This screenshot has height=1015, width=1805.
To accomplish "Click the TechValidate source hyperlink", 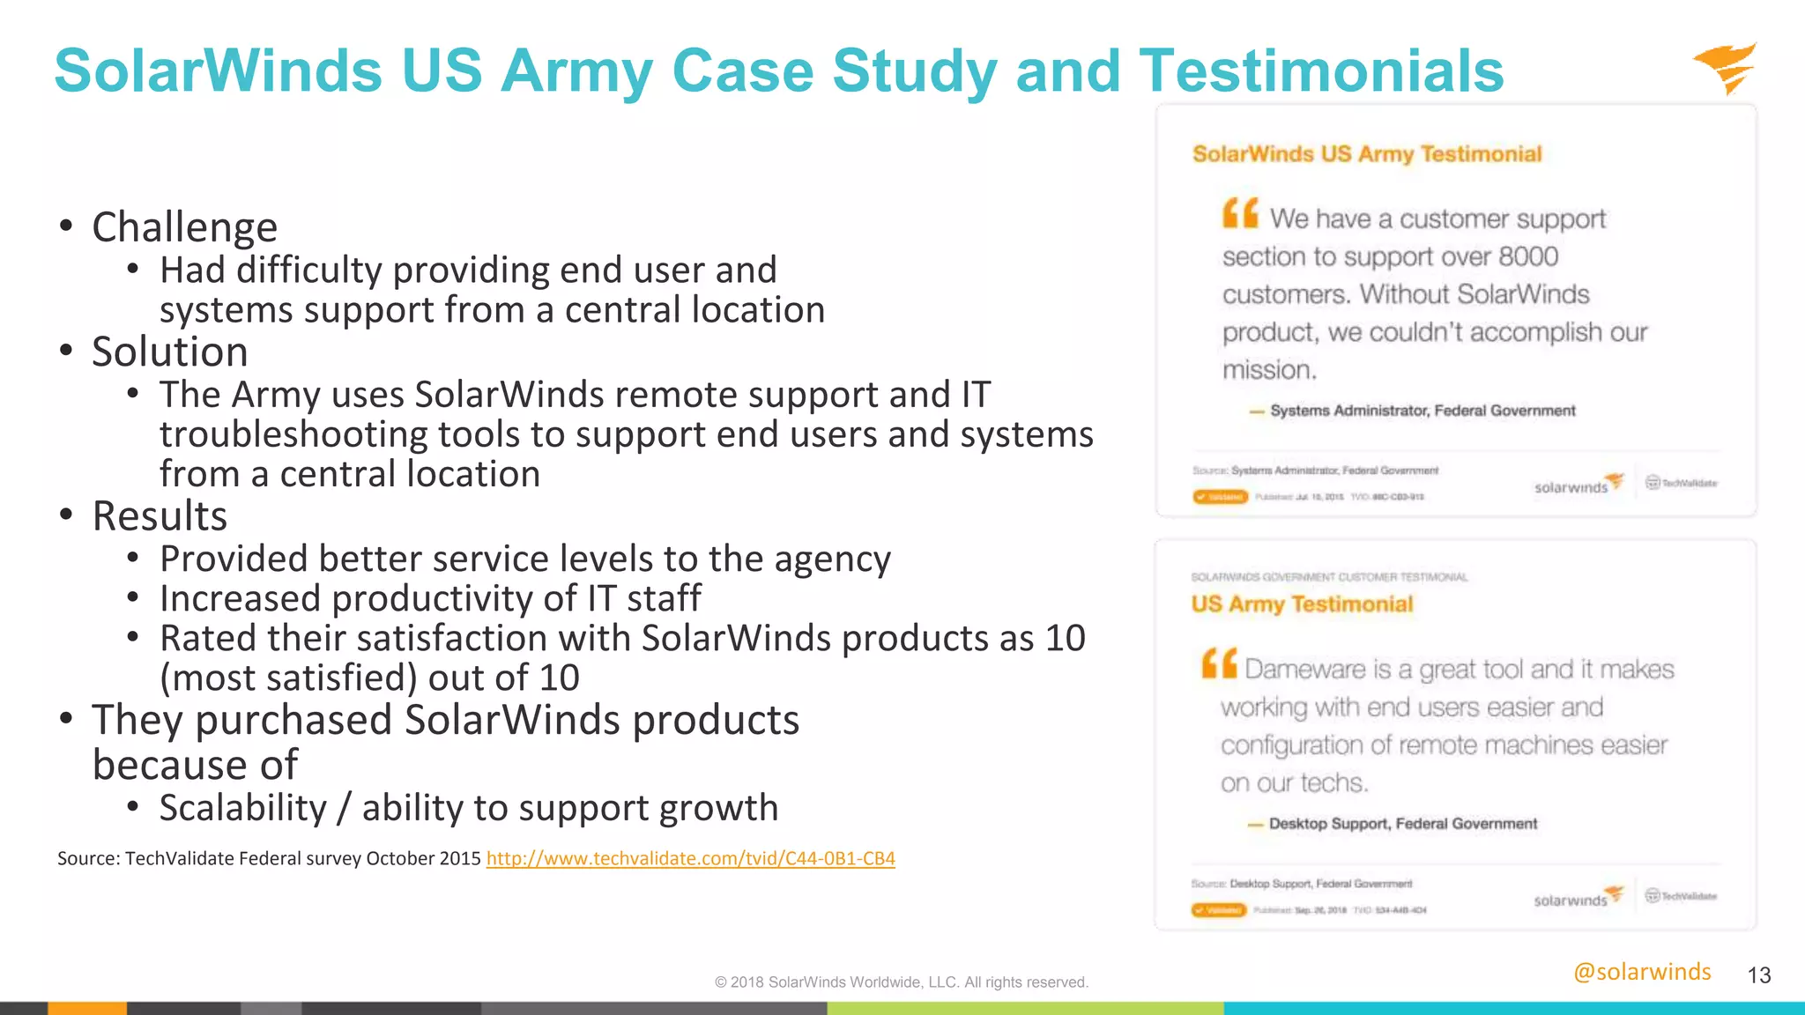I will click(690, 858).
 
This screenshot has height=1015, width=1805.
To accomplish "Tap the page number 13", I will click(1759, 975).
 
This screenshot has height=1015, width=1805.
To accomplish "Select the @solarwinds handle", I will click(1642, 972).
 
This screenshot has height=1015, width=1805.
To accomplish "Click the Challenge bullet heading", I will click(184, 227).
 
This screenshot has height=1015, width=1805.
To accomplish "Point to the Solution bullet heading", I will click(169, 352).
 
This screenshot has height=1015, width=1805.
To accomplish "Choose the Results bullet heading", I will click(160, 516).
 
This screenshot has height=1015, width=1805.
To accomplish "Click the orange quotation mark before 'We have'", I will click(1240, 213).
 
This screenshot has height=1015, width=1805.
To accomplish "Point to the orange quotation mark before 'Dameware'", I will click(1219, 663).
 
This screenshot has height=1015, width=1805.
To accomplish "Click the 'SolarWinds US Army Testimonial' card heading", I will click(1367, 154).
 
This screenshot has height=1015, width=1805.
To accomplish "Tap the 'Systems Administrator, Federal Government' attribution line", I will click(1422, 411).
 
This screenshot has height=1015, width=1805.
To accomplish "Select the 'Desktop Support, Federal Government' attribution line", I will click(1402, 824).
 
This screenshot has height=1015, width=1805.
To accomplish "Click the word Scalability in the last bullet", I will click(243, 808).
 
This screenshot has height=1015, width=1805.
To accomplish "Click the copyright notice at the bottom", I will click(902, 982).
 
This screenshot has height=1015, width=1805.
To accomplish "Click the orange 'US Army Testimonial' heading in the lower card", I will click(1302, 604).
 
